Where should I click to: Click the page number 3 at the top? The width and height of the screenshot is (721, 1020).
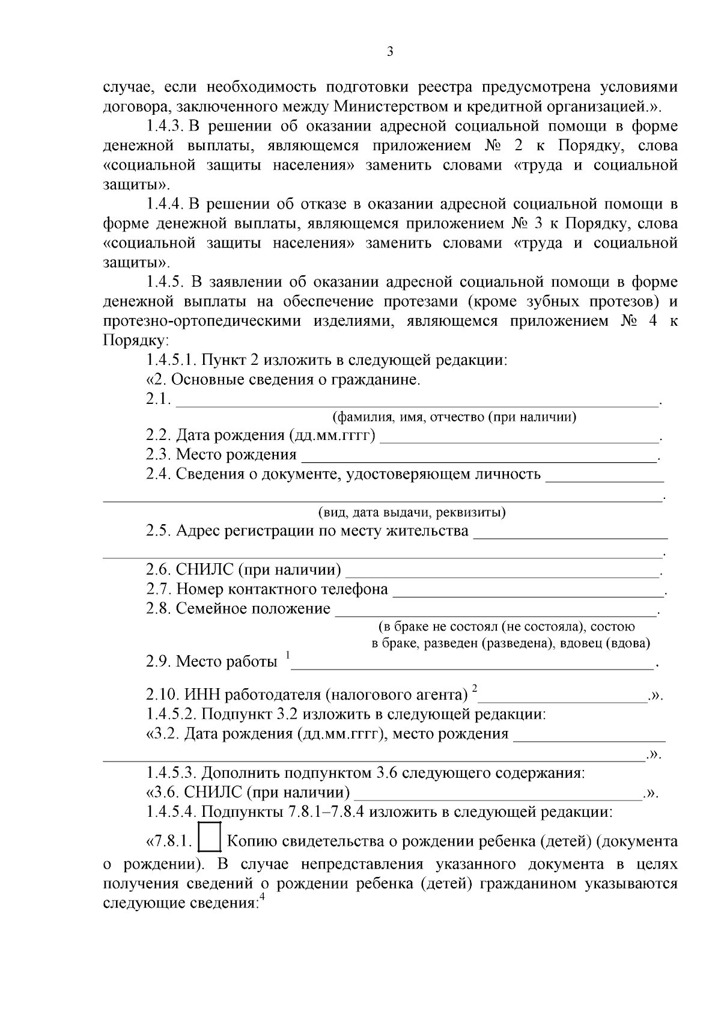[389, 52]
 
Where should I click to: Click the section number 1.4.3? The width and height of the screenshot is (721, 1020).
[166, 126]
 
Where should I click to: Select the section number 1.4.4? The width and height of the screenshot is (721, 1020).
[166, 204]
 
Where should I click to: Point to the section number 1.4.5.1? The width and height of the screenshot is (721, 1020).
[171, 361]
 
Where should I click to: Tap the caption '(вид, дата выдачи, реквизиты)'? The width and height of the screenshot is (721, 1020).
[412, 513]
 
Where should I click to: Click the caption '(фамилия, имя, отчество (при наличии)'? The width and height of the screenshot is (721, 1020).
[454, 417]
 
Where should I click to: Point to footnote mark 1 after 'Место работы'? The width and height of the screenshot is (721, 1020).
[288, 655]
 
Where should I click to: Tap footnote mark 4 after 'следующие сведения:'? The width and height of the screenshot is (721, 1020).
[261, 899]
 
